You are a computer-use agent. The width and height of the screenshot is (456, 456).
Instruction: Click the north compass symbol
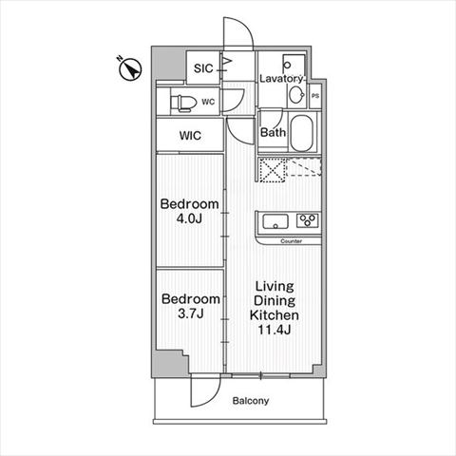point(130,68)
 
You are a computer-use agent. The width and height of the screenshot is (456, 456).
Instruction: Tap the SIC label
point(203,68)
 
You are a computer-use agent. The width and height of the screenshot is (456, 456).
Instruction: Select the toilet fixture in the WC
point(182,103)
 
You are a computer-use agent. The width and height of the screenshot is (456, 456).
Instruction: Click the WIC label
point(190,136)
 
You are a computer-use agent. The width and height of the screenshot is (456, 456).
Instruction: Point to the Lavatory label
point(280,79)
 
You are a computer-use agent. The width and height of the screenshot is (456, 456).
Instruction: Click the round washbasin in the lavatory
point(296,94)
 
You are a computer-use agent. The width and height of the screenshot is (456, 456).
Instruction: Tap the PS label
point(315,96)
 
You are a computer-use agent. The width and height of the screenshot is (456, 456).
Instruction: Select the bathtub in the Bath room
point(302,133)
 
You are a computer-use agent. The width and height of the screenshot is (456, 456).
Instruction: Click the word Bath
point(273,132)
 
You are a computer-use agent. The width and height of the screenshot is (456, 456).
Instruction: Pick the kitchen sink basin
point(275,221)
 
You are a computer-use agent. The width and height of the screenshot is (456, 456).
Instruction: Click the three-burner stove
point(307,220)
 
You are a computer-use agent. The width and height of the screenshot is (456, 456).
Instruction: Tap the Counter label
point(292,241)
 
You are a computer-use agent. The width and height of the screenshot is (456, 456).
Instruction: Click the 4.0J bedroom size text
point(189,218)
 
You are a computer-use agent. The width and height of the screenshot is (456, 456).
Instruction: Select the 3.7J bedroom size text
point(190,313)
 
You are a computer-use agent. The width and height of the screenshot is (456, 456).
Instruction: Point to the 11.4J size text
point(275,330)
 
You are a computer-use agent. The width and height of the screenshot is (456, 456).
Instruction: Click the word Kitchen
point(275,315)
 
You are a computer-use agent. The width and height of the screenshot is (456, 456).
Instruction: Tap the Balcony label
point(251,401)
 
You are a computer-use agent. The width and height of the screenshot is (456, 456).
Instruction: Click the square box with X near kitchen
point(273,170)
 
